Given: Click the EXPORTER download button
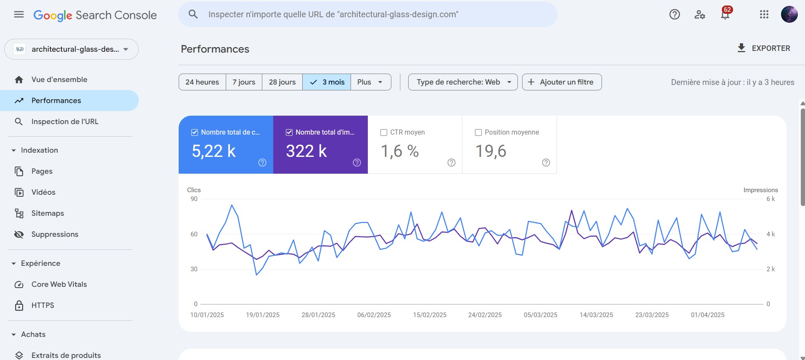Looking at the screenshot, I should [x=763, y=48].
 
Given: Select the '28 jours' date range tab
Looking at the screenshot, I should [x=282, y=82].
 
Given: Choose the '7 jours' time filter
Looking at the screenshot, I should [x=244, y=82].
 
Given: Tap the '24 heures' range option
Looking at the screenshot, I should [x=202, y=82].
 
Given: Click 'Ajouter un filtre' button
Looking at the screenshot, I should [x=562, y=82].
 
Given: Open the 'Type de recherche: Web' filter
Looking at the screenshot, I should [x=462, y=82].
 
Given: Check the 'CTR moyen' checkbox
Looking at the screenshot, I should [x=384, y=132].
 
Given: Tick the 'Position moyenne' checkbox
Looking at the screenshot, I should [x=478, y=132].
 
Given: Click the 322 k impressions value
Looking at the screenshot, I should [x=306, y=151].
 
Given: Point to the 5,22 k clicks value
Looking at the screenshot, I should [x=214, y=151].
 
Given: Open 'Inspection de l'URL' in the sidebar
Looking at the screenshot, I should [x=65, y=122].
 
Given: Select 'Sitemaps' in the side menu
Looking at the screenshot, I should [x=48, y=213].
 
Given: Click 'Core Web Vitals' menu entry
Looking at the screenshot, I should [x=59, y=284].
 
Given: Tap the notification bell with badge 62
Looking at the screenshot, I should [x=725, y=15].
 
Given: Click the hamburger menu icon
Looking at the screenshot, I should [x=19, y=15].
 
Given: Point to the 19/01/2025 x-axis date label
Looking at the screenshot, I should [x=263, y=315].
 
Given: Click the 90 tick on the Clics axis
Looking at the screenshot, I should [x=194, y=199].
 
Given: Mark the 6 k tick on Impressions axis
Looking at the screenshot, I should [x=771, y=199].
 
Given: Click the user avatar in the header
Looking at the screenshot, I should [x=789, y=14].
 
